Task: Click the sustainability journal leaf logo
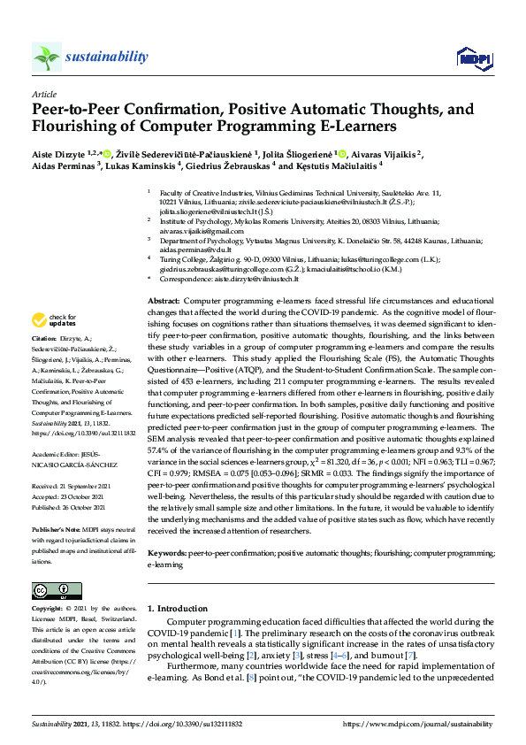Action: [x=47, y=58]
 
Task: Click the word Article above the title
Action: [x=44, y=93]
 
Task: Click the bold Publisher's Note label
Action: [x=57, y=527]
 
